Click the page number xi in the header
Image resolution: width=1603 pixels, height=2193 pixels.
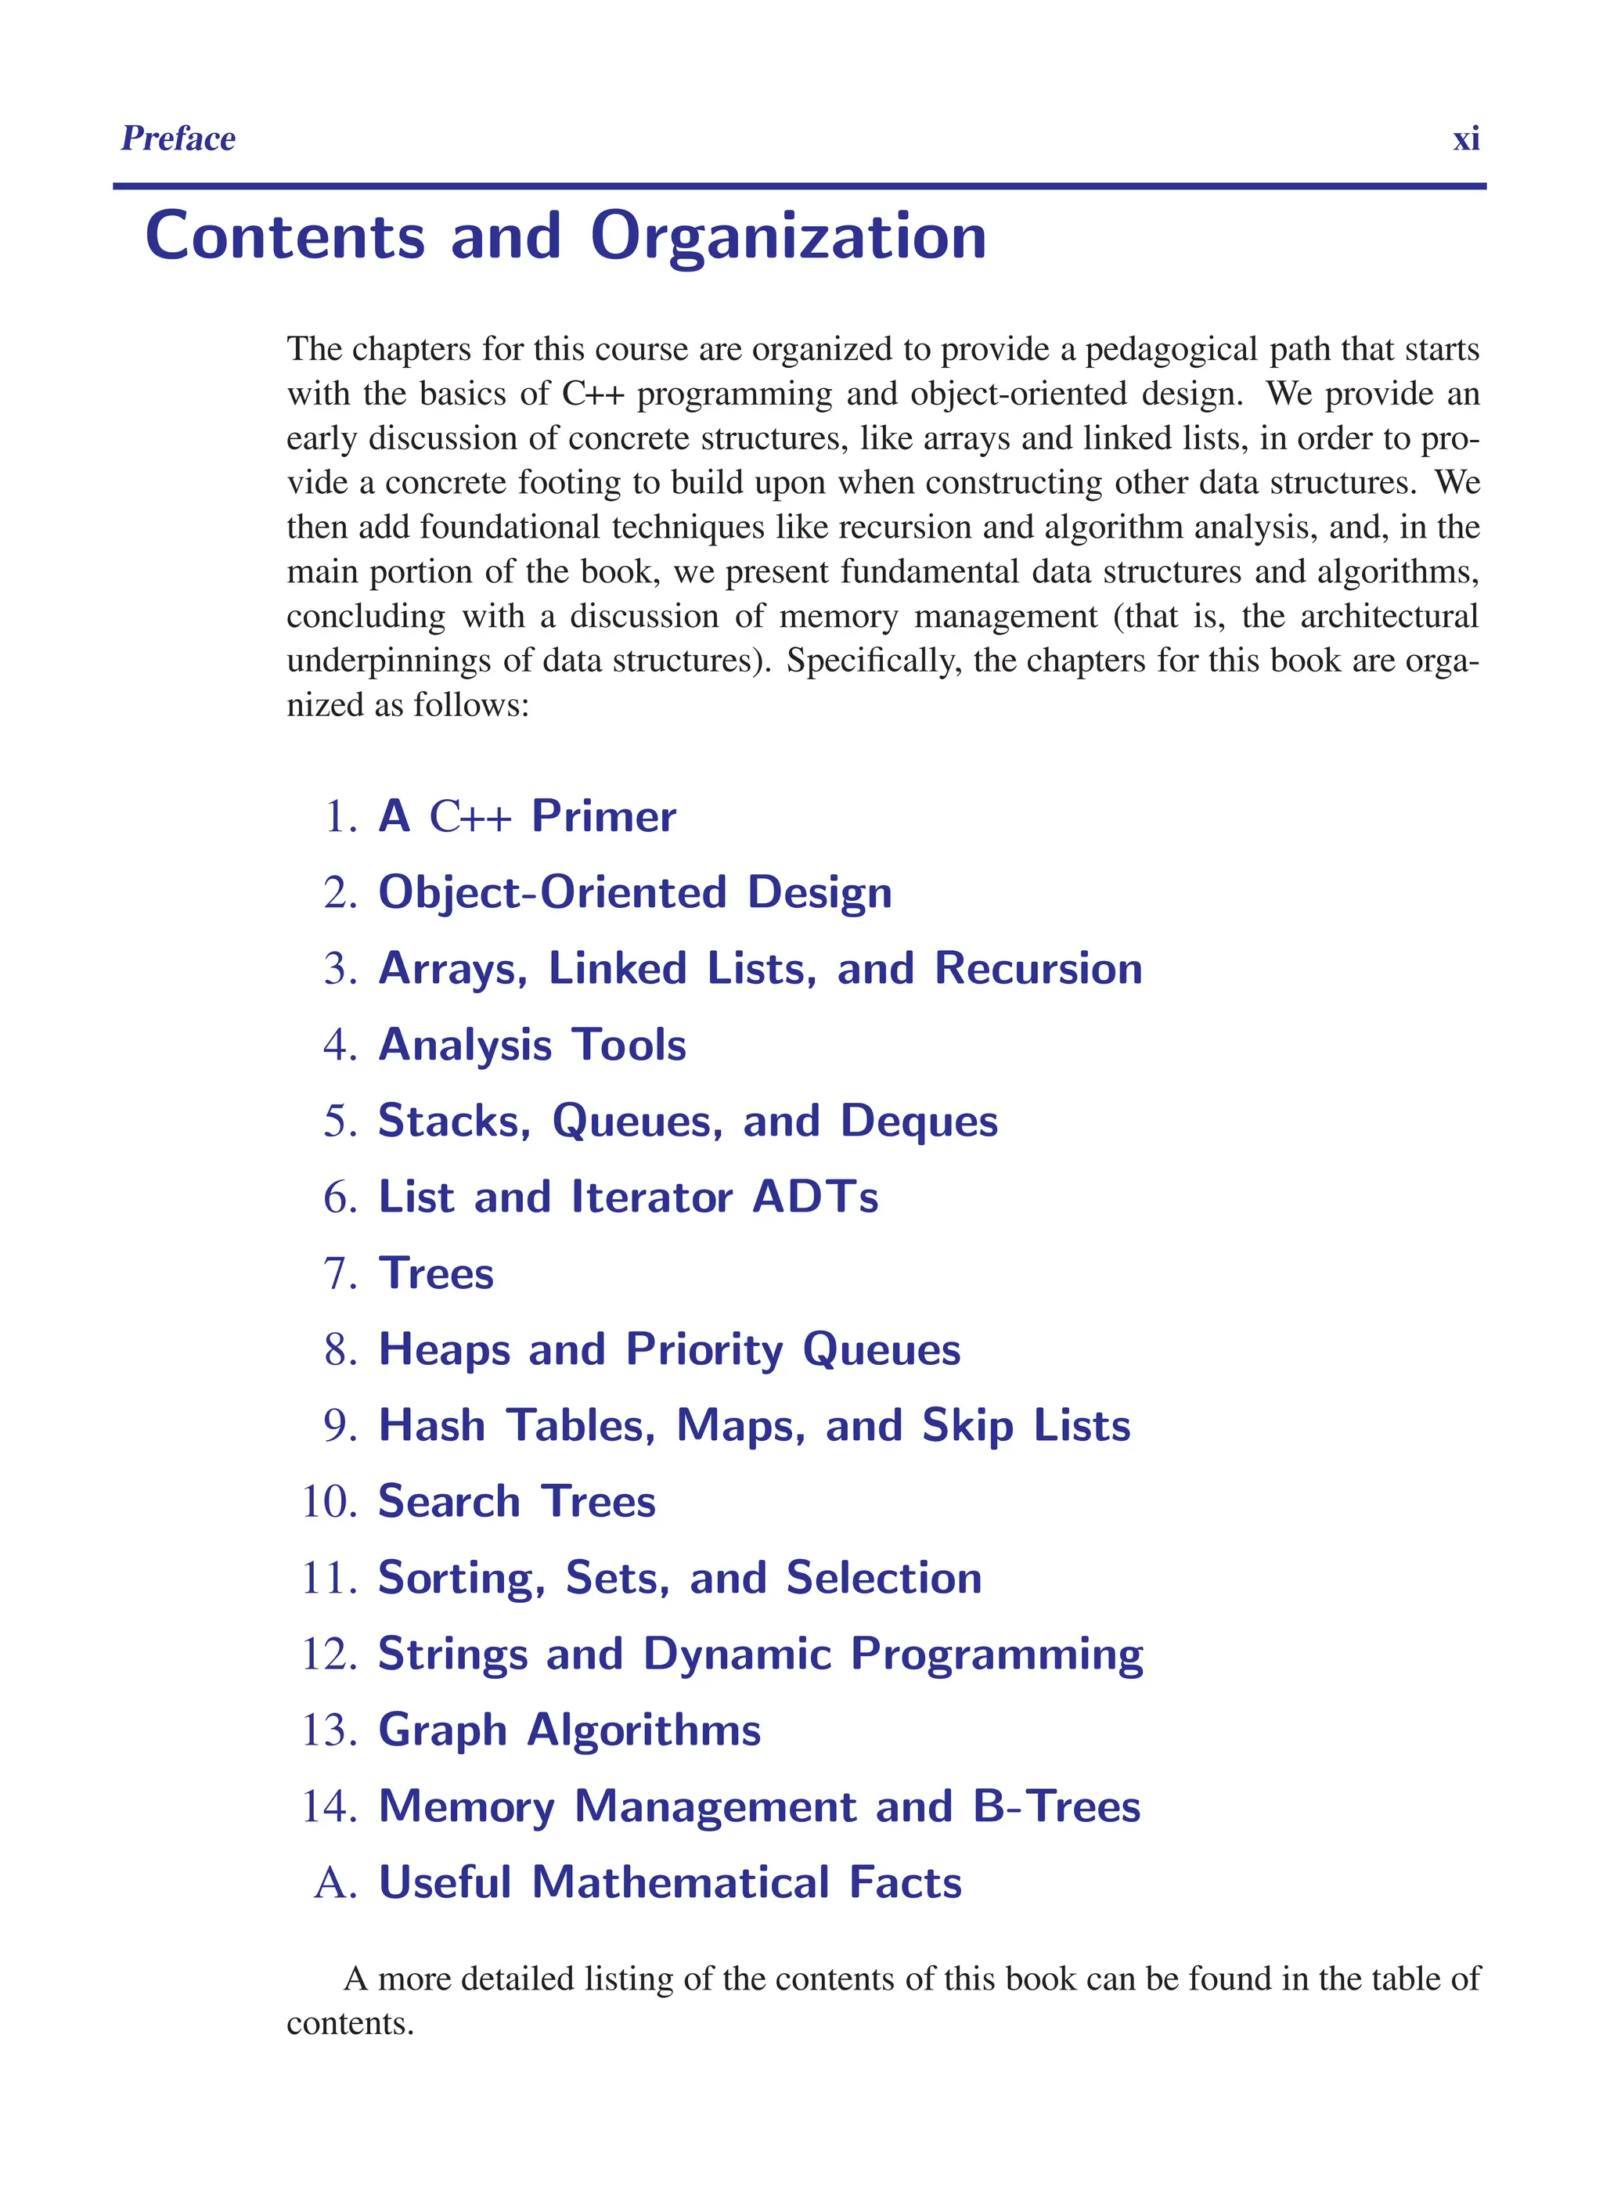pos(1465,139)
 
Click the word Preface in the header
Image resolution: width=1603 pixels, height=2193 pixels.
pos(178,139)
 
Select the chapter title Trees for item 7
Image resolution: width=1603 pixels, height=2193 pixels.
pos(436,1273)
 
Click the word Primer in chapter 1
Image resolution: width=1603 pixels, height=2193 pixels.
pos(603,816)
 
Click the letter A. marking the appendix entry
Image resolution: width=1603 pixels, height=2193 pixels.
pos(336,1882)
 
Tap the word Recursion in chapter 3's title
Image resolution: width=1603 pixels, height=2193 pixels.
pos(1038,968)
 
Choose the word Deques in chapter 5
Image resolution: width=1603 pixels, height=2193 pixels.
pos(918,1121)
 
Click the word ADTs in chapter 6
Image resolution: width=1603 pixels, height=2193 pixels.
pos(815,1197)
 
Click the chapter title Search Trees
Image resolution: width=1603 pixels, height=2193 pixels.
pos(517,1502)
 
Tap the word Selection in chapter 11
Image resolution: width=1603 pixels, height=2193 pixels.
pos(884,1578)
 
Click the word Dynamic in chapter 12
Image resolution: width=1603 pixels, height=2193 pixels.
pos(737,1655)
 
